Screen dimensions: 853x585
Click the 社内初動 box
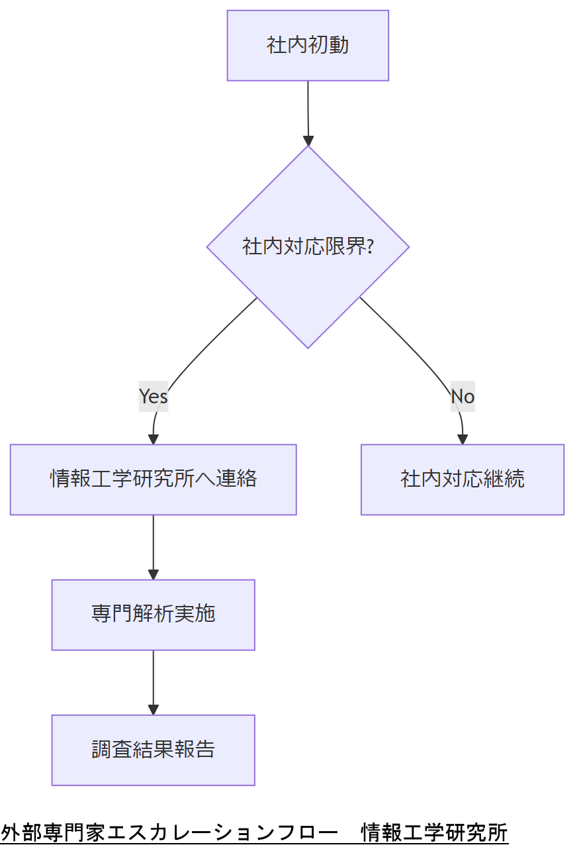coord(308,46)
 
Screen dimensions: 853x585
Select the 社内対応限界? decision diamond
coord(308,247)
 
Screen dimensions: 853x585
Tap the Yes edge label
coord(153,396)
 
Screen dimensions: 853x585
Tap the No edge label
coord(463,396)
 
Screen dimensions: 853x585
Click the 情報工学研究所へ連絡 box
coord(153,479)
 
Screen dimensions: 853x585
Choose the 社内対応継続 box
coord(462,479)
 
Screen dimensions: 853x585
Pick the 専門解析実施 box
coord(153,615)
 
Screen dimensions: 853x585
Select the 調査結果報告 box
coord(153,750)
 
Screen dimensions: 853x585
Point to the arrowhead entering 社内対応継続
coord(463,439)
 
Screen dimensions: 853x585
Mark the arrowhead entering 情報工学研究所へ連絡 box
coord(154,439)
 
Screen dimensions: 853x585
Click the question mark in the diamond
coord(370,247)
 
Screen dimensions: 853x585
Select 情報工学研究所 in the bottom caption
coord(434,832)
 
